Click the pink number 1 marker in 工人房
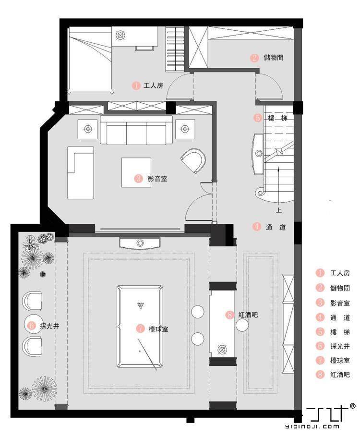pos(136,85)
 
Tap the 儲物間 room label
pos(274,58)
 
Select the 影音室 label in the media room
pos(157,179)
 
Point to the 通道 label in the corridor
pos(276,227)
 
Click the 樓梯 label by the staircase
pos(277,118)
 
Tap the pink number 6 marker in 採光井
pos(32,326)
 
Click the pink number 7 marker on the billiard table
pos(140,329)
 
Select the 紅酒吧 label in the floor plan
pos(248,315)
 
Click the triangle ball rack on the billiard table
pos(140,305)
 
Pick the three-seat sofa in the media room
pos(136,131)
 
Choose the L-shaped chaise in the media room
pos(80,172)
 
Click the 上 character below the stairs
pos(279,210)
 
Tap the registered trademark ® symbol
pos(352,406)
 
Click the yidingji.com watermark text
pos(312,426)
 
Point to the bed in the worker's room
pos(90,62)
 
